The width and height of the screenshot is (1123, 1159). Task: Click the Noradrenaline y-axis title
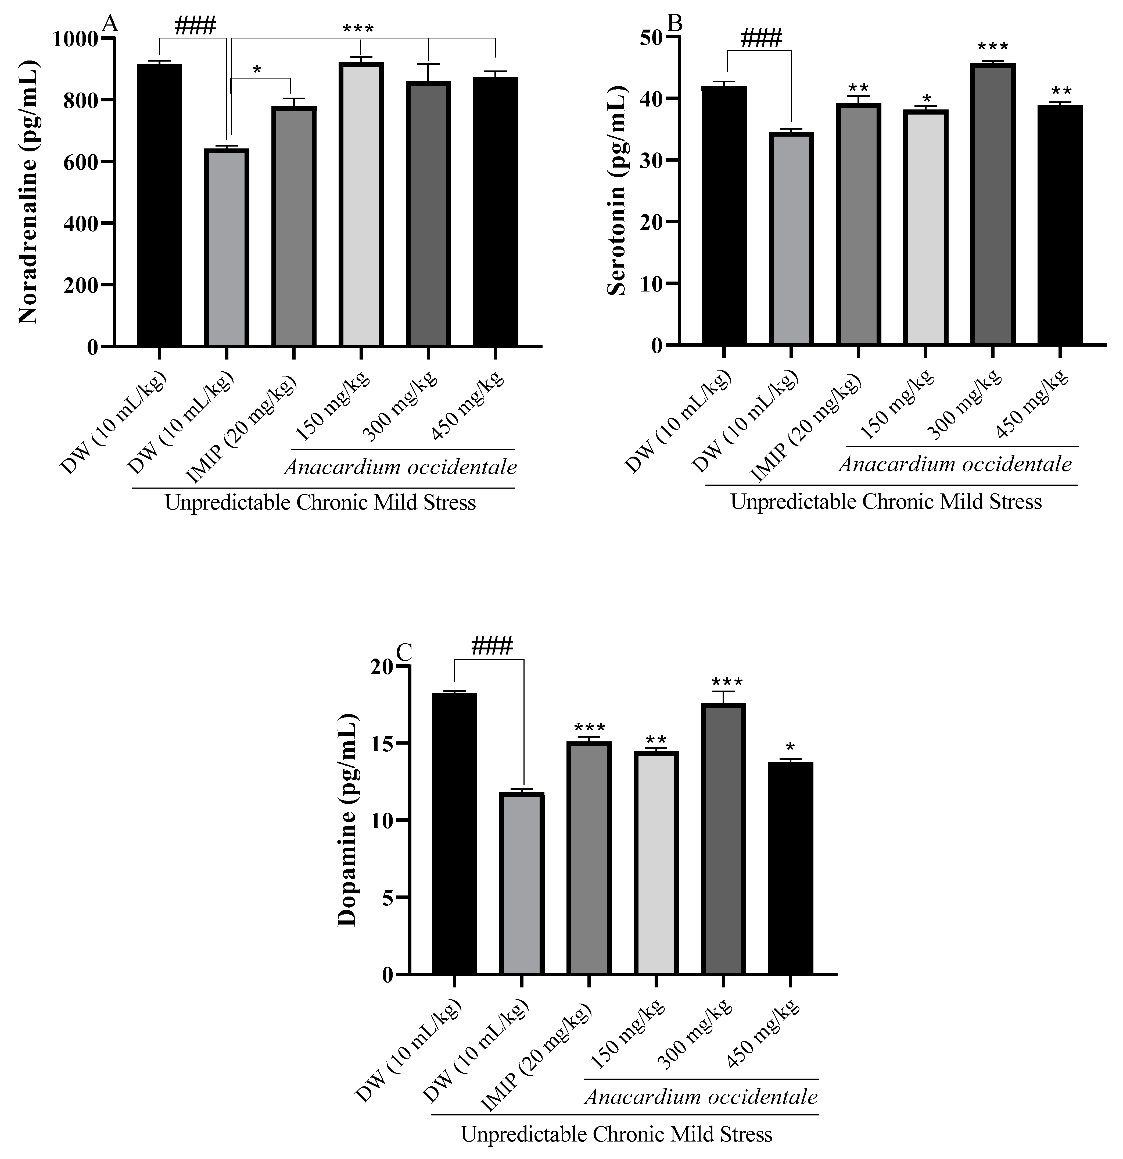click(x=28, y=192)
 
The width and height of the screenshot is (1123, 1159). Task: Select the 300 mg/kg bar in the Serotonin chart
click(x=992, y=204)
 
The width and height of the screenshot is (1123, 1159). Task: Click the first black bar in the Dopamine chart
click(x=454, y=834)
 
